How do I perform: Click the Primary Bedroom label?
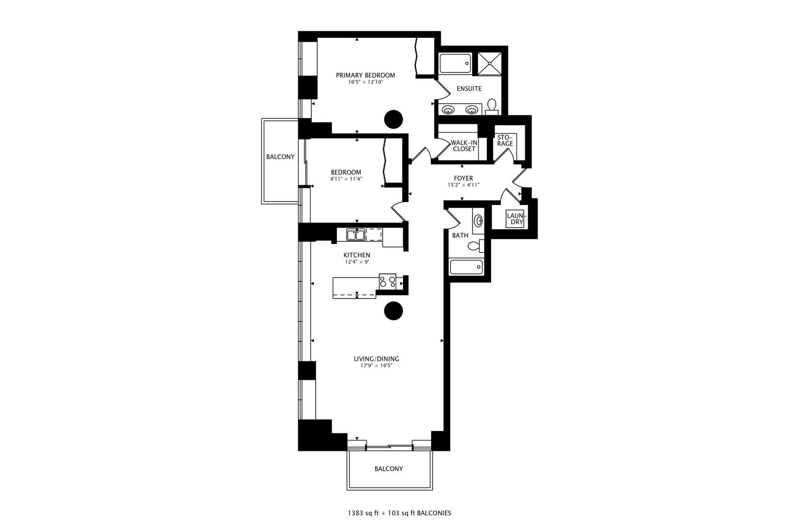[x=365, y=75]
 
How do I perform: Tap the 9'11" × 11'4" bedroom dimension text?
[x=346, y=179]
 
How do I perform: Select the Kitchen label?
[x=357, y=255]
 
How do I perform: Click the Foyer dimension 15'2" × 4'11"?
[x=463, y=185]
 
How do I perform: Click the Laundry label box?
[x=516, y=219]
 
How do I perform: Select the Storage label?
[x=505, y=140]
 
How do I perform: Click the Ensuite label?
[x=469, y=89]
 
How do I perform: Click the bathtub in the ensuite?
[x=455, y=63]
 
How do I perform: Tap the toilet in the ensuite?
[x=492, y=106]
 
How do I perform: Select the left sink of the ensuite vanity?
[x=448, y=109]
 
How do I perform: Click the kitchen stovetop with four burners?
[x=387, y=281]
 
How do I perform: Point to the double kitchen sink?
[x=356, y=235]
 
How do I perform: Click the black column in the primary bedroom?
[x=394, y=119]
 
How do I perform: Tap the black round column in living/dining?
[x=394, y=311]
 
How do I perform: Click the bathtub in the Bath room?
[x=466, y=267]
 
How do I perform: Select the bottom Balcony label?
[x=389, y=469]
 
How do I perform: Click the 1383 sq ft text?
[x=363, y=513]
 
